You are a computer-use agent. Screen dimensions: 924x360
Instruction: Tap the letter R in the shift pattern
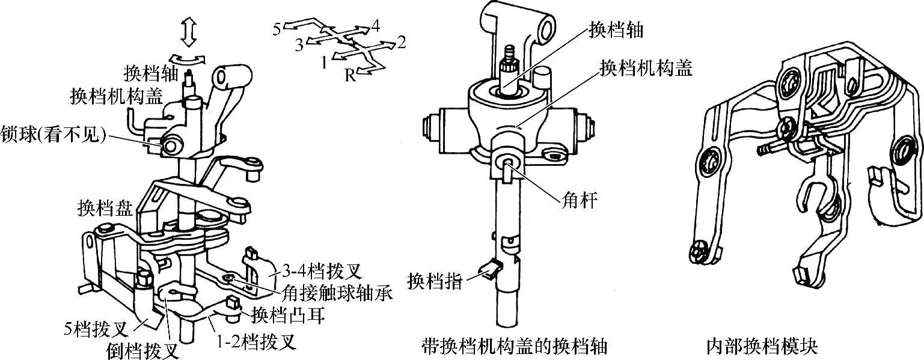[x=349, y=75]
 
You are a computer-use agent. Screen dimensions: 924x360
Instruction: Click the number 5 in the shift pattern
[x=276, y=30]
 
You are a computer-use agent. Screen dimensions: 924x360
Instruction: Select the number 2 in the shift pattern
[x=402, y=42]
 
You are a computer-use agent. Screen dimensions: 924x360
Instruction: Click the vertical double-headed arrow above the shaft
[x=188, y=31]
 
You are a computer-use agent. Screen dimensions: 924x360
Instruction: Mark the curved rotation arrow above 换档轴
[x=188, y=58]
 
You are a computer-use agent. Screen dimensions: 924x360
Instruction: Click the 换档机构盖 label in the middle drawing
[x=646, y=69]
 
